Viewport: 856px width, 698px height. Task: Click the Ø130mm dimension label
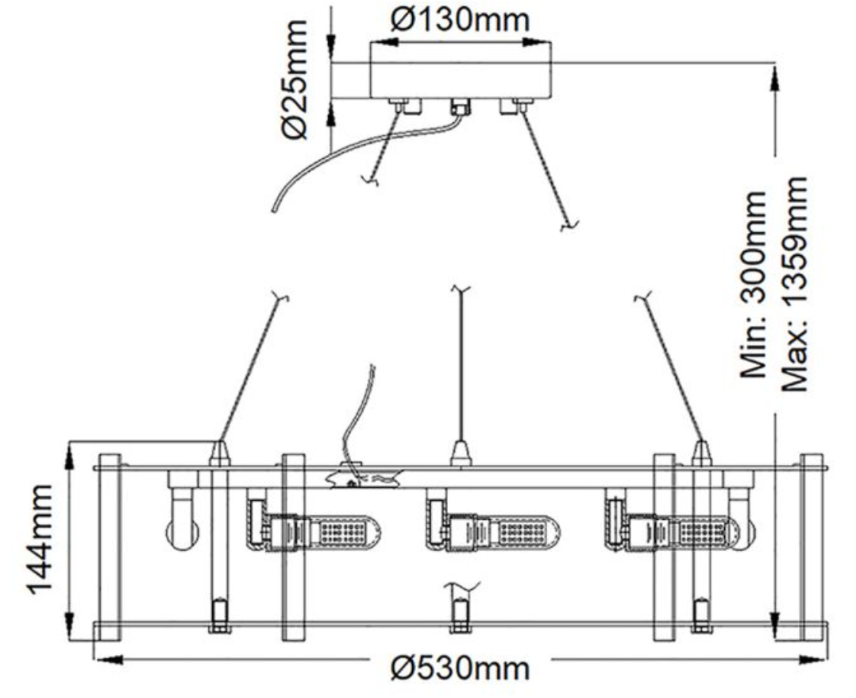tap(460, 20)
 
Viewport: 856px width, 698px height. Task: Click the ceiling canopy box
tap(460, 71)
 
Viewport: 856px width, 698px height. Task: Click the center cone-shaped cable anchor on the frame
tap(461, 452)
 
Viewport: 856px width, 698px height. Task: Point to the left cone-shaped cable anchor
tap(219, 452)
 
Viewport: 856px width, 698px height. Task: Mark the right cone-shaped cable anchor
tap(701, 452)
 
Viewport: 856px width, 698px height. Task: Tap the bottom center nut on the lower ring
tap(460, 615)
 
